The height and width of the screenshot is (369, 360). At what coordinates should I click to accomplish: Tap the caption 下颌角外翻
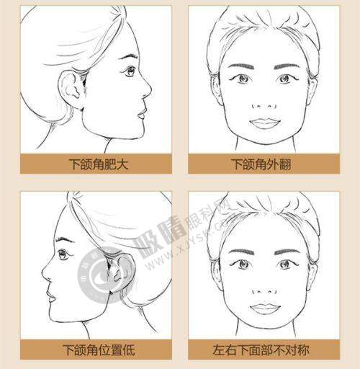pyautogui.click(x=264, y=164)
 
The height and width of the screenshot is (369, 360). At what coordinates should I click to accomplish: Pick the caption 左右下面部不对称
pyautogui.click(x=264, y=350)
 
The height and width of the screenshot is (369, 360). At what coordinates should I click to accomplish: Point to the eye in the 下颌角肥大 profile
pyautogui.click(x=130, y=71)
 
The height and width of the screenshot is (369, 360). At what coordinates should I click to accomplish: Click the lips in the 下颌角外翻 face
pyautogui.click(x=264, y=123)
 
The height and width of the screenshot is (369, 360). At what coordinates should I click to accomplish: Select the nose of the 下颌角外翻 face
pyautogui.click(x=264, y=101)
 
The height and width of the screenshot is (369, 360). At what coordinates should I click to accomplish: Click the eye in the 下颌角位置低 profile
pyautogui.click(x=66, y=254)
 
